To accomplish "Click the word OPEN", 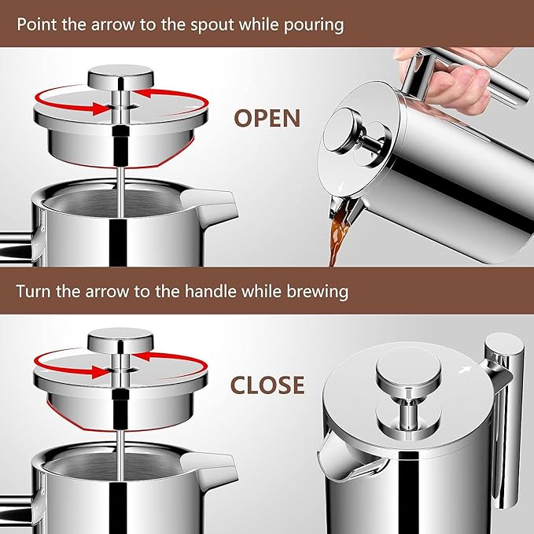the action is (267, 118).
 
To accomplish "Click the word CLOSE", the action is (267, 385).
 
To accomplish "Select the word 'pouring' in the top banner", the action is (314, 25).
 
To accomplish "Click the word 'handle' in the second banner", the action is (211, 292).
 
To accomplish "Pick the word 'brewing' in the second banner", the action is (317, 293).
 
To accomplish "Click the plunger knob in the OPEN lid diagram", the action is (120, 77).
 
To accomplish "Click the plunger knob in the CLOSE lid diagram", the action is (120, 341).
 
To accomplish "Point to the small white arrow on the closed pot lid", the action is (466, 369).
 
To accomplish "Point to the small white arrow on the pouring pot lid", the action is (341, 187).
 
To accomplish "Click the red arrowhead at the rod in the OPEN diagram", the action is (101, 109).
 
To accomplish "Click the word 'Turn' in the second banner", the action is (33, 292).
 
